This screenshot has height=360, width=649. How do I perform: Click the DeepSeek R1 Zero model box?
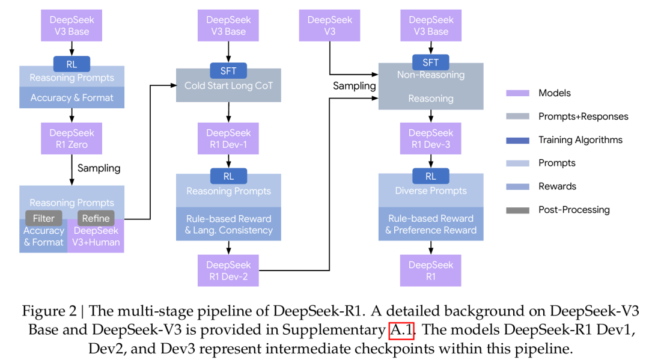tap(72, 139)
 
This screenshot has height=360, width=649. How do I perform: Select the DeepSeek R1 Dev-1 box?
tap(228, 139)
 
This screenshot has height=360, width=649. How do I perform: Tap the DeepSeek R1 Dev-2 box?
tap(228, 270)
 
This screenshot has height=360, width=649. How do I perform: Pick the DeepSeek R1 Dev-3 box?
tap(430, 139)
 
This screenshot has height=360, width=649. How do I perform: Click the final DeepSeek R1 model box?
tap(430, 270)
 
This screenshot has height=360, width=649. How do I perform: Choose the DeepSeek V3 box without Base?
tap(329, 26)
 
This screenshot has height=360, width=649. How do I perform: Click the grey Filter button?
tap(43, 218)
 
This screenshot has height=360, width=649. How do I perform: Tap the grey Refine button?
tap(96, 218)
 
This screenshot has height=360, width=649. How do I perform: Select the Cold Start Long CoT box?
tap(228, 86)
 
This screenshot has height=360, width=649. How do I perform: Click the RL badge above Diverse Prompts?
tap(430, 176)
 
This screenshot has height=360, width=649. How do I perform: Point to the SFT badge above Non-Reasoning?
tap(430, 63)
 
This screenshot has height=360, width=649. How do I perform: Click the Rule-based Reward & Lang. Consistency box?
tap(228, 224)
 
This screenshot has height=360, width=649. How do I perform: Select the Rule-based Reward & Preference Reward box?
tap(431, 224)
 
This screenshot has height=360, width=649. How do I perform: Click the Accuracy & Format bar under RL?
tap(72, 97)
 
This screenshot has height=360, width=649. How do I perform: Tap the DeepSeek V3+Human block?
tap(96, 236)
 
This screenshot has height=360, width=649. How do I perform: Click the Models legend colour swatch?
tap(517, 93)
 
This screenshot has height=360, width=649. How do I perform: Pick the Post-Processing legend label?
tap(574, 210)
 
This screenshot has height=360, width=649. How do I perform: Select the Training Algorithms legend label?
tap(580, 140)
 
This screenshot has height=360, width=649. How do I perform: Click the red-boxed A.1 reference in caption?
tap(401, 330)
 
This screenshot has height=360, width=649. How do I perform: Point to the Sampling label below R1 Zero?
tap(99, 168)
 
